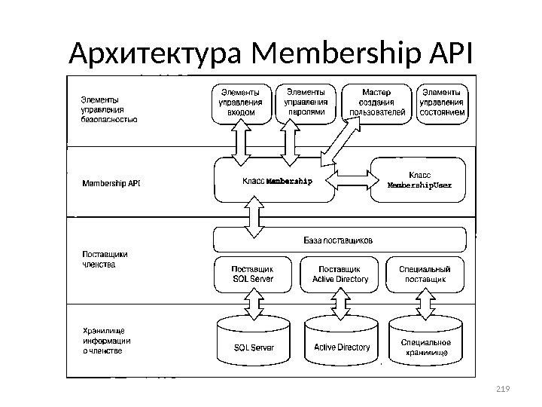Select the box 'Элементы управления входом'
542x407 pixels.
click(x=241, y=103)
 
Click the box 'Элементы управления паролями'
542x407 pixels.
click(x=307, y=103)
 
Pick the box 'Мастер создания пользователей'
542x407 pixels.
click(x=377, y=103)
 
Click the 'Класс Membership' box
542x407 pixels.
click(x=275, y=181)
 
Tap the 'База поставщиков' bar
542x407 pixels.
click(x=338, y=240)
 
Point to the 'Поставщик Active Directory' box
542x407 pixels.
click(x=340, y=274)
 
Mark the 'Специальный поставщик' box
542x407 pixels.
click(x=425, y=274)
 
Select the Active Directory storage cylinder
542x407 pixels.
click(x=341, y=344)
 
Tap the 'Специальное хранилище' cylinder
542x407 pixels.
click(x=426, y=344)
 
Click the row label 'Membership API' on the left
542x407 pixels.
click(x=111, y=182)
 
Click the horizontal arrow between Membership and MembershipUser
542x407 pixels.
click(x=352, y=180)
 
